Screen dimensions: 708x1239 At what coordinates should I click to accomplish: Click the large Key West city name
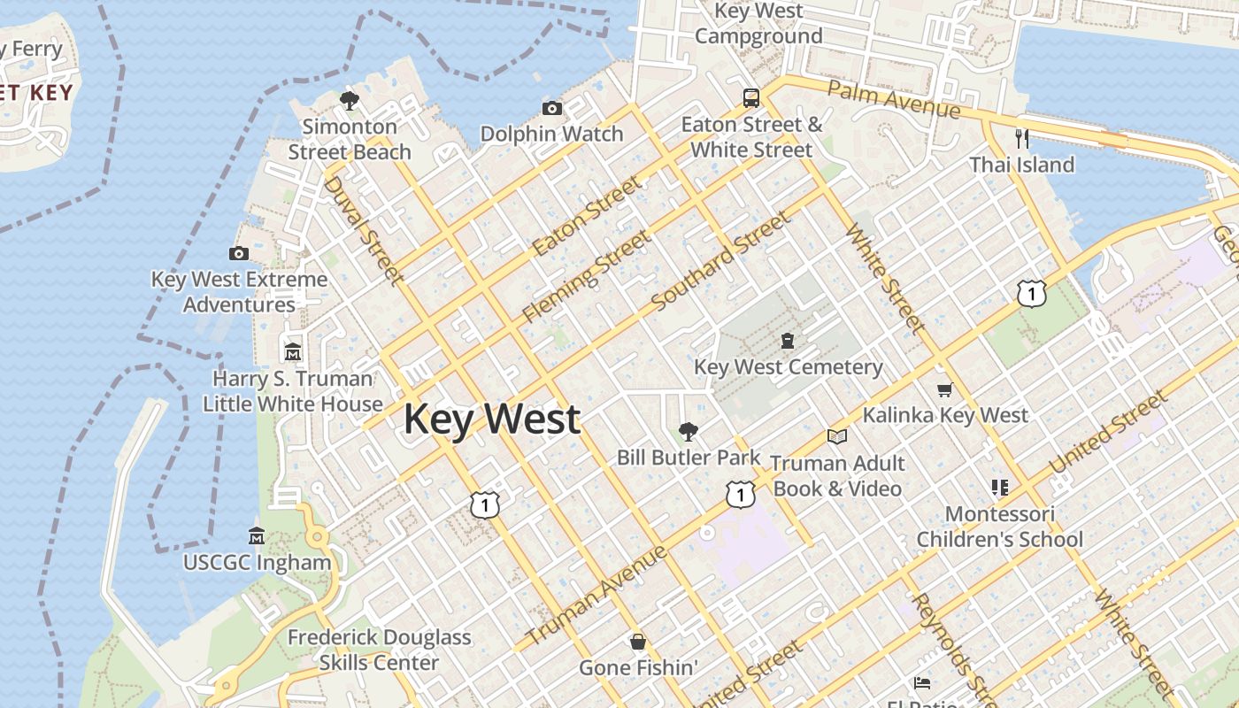(492, 419)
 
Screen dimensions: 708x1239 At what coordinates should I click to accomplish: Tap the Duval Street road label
(363, 230)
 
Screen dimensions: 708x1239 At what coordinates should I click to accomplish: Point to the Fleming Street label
(587, 276)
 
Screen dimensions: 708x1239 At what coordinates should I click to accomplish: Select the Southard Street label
(720, 262)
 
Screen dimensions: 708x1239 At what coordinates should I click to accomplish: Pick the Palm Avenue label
(893, 99)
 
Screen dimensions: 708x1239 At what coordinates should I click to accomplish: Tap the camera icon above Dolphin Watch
(552, 109)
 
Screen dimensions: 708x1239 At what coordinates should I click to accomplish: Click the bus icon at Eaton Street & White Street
(751, 98)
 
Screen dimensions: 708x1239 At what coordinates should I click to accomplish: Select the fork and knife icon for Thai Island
(1022, 139)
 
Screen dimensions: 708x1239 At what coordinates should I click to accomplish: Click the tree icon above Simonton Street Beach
(350, 100)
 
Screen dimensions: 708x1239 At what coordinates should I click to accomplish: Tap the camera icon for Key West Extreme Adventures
(238, 254)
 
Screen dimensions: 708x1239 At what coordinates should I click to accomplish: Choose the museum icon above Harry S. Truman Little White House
(293, 352)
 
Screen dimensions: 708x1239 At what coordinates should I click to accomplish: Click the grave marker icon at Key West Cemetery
(788, 341)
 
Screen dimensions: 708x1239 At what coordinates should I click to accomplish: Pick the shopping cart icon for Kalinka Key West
(945, 389)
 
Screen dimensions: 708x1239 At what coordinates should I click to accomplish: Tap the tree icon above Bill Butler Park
(688, 432)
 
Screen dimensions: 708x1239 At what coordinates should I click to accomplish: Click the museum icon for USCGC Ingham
(257, 535)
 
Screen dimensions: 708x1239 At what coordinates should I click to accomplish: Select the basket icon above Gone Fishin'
(638, 642)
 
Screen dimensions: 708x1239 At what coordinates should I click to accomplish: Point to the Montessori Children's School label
(999, 527)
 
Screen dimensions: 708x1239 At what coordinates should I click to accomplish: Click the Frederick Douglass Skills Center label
(379, 650)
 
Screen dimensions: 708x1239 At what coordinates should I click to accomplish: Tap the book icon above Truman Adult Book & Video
(837, 436)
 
